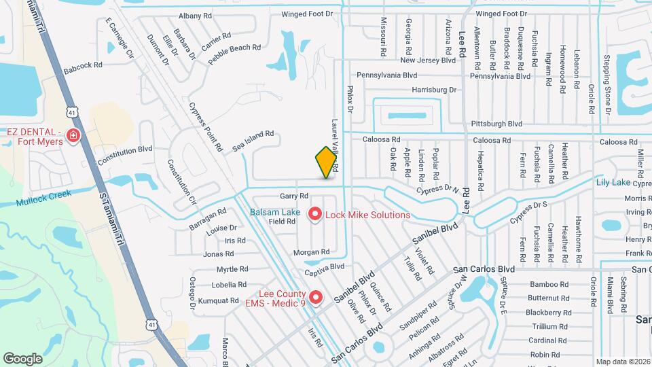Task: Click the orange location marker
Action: [326, 162]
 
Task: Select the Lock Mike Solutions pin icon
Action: [315, 215]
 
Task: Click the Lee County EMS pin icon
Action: [315, 298]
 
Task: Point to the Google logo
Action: [22, 358]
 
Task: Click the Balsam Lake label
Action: [275, 212]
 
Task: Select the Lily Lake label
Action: [613, 182]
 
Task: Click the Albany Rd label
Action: [195, 15]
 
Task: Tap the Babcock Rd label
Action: [82, 67]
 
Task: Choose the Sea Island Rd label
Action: [252, 140]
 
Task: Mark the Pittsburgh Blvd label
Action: [496, 124]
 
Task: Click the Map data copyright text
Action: [622, 362]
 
